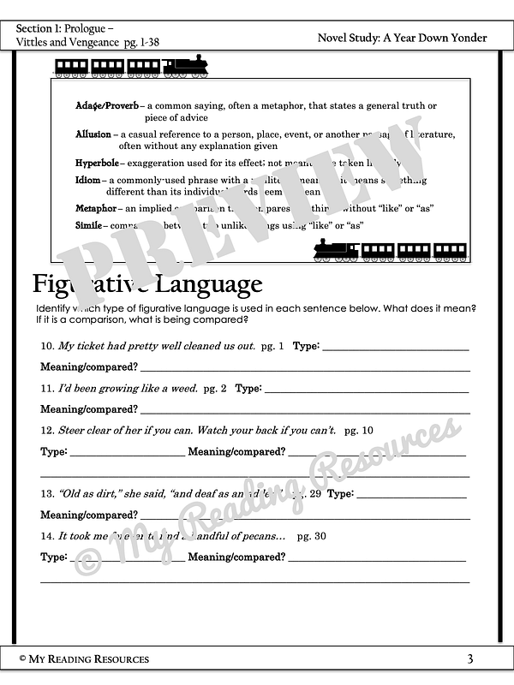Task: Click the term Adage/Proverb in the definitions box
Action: [109, 106]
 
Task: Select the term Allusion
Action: [93, 134]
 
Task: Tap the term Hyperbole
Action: [98, 163]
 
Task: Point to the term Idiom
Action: [88, 181]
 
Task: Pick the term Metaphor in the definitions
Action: [96, 208]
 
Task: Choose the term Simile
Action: [89, 225]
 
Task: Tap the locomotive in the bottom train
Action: [335, 250]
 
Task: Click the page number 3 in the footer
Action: [470, 658]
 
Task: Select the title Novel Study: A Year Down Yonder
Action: [402, 38]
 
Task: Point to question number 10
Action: [48, 347]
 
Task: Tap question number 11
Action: [48, 389]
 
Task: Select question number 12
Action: [48, 431]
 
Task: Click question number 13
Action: [48, 494]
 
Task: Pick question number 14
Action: [48, 537]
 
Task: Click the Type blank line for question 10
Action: [395, 349]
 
